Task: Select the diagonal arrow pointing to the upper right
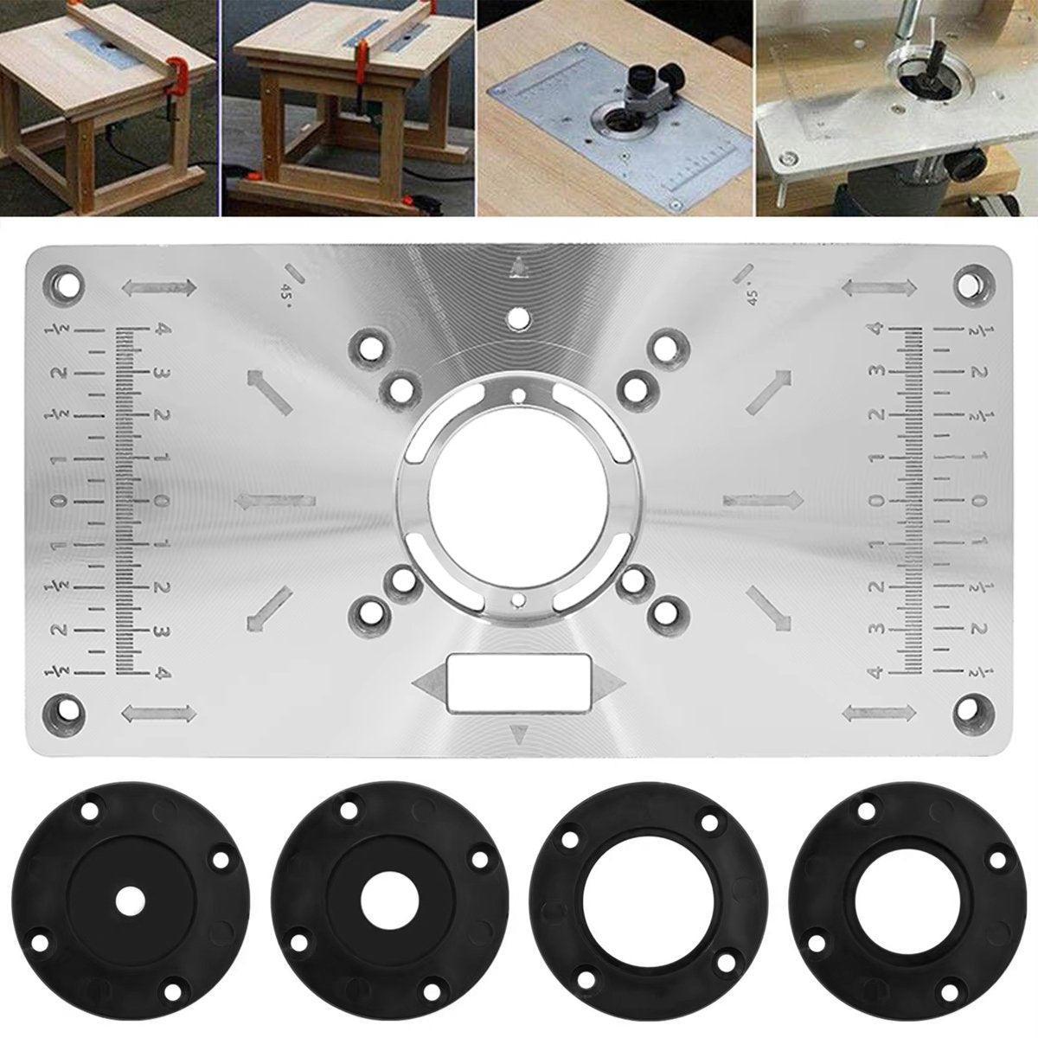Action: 769,390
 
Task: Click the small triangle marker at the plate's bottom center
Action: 519,736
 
